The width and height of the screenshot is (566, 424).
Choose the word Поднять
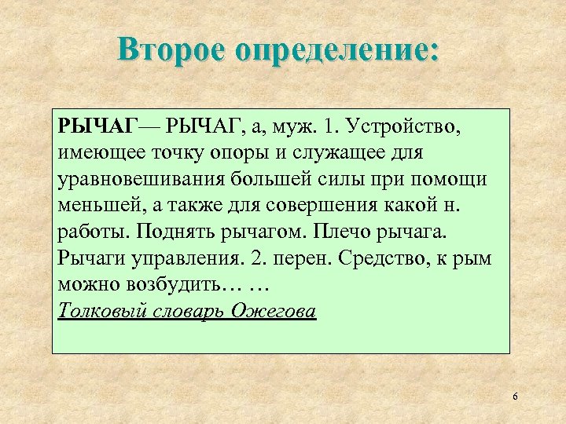(171, 232)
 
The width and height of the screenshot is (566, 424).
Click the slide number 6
(515, 397)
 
